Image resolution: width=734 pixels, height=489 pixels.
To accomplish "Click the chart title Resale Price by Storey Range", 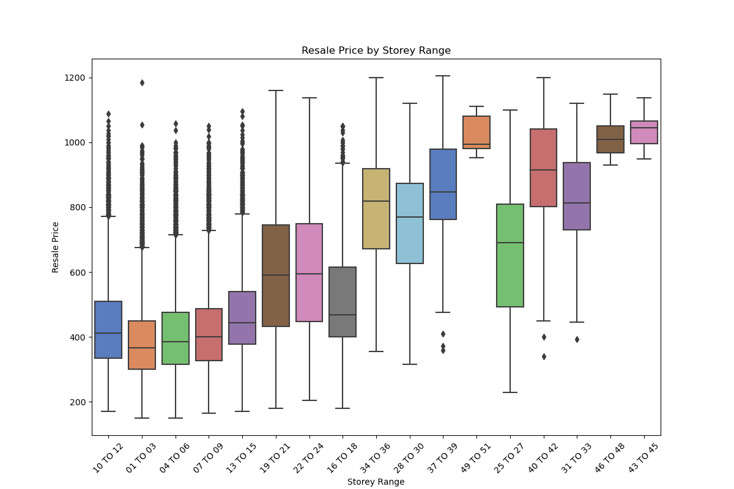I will (x=376, y=51).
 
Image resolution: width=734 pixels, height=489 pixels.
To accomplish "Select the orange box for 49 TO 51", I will (x=476, y=132).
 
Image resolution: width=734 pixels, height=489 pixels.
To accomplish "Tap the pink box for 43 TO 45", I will (x=643, y=132).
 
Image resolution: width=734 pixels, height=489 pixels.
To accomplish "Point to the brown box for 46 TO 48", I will (x=610, y=139).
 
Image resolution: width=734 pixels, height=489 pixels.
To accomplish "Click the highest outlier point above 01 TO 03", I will (x=142, y=83).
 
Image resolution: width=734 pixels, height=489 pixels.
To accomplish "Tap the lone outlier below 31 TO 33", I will (x=577, y=339).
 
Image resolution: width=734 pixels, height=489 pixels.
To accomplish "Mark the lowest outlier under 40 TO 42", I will (x=543, y=356).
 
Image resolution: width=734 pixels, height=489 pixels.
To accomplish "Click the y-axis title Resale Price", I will (x=56, y=247).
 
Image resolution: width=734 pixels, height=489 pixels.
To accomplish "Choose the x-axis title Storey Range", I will (x=376, y=482).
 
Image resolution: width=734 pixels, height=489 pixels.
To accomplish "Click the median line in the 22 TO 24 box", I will (x=310, y=274).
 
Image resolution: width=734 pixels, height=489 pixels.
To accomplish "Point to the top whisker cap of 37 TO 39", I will (x=443, y=76).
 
